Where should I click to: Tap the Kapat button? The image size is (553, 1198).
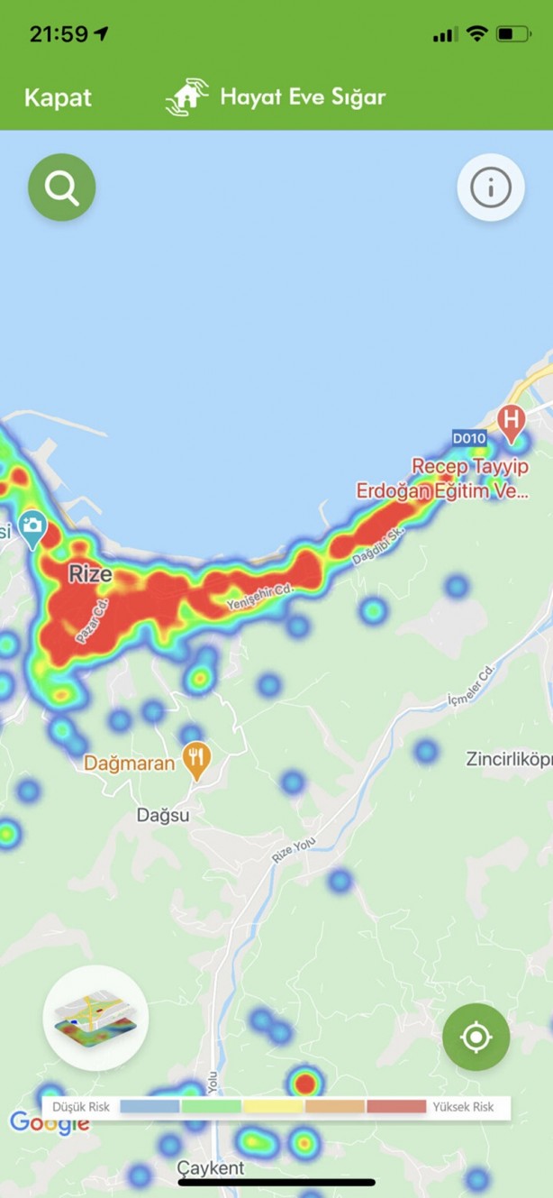[58, 97]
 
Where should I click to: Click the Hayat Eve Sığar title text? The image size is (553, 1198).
[303, 96]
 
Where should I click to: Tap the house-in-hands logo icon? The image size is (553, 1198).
[186, 97]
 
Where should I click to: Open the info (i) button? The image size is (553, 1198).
[491, 187]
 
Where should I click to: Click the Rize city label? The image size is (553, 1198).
[91, 574]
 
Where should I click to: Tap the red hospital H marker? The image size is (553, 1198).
[512, 421]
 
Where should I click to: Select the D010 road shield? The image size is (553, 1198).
[469, 439]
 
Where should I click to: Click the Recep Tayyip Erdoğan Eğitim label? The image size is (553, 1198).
[441, 479]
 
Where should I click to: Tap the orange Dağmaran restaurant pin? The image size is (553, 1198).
[196, 760]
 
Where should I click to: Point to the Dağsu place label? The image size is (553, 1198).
[163, 815]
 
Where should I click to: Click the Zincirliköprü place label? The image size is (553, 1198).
[508, 759]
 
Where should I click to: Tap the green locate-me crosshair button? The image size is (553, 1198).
[476, 1038]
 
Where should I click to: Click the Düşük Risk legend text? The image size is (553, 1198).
[81, 1107]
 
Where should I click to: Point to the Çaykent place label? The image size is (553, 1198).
[210, 1168]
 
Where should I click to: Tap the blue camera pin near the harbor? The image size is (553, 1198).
[32, 526]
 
